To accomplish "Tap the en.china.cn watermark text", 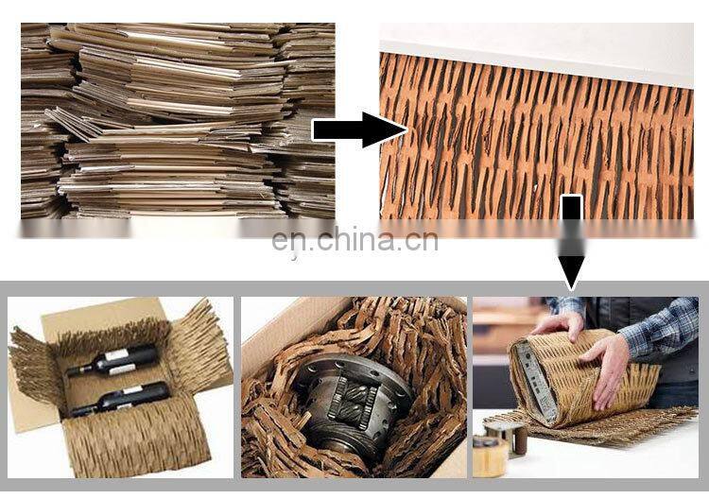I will [354, 241].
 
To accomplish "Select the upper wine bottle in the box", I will [117, 361].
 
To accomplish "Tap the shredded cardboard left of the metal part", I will [274, 397].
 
